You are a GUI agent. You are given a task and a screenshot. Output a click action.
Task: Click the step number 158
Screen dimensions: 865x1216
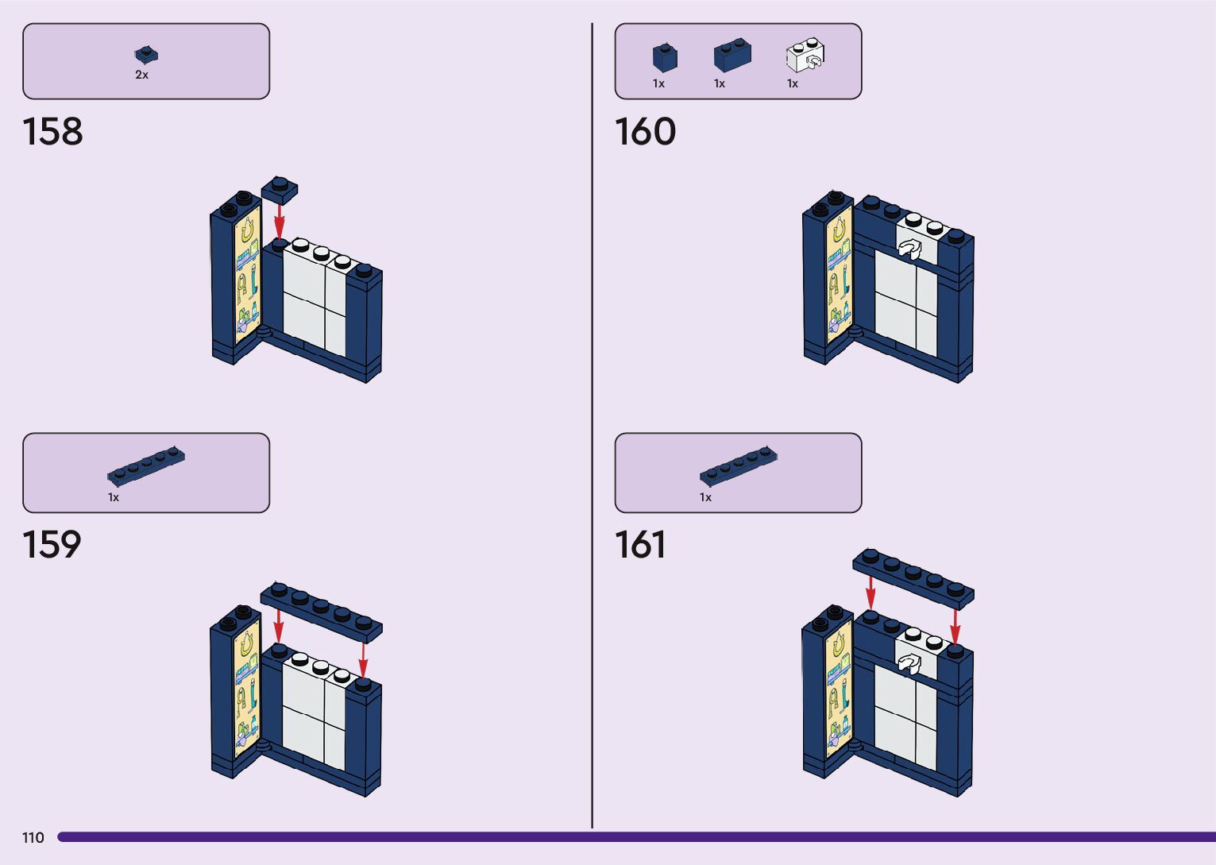pyautogui.click(x=52, y=132)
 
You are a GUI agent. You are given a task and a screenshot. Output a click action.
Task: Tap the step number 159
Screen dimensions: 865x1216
pyautogui.click(x=52, y=545)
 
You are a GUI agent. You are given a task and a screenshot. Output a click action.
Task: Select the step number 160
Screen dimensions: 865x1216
pyautogui.click(x=645, y=132)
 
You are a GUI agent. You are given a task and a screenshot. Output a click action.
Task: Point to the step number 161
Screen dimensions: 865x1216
pyautogui.click(x=640, y=545)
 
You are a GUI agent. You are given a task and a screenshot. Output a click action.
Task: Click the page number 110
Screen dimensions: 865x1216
pyautogui.click(x=33, y=837)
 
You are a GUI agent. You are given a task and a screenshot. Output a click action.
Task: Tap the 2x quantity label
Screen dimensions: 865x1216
pyautogui.click(x=141, y=75)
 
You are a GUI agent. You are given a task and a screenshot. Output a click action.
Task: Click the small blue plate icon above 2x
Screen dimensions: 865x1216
pyautogui.click(x=146, y=55)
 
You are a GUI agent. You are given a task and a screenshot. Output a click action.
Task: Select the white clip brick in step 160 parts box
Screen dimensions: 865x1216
pyautogui.click(x=805, y=56)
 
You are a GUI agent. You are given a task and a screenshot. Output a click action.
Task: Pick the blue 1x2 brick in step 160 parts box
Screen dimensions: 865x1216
pyautogui.click(x=732, y=56)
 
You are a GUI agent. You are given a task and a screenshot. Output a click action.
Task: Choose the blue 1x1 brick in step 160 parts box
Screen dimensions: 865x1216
pyautogui.click(x=665, y=57)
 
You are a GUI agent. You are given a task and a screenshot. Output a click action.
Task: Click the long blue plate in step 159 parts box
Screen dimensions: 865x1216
pyautogui.click(x=146, y=466)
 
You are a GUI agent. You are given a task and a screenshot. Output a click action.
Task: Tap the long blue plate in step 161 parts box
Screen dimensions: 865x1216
pyautogui.click(x=739, y=466)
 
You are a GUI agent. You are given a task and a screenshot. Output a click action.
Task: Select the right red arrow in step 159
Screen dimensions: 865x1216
pyautogui.click(x=363, y=658)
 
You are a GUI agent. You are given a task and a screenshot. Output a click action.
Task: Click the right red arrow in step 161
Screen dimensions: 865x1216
pyautogui.click(x=955, y=626)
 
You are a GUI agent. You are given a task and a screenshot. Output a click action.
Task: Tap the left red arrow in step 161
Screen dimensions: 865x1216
pyautogui.click(x=871, y=593)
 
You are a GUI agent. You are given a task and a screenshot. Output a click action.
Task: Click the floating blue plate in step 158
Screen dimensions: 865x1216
pyautogui.click(x=280, y=188)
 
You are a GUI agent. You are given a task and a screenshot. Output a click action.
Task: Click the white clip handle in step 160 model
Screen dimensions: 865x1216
pyautogui.click(x=909, y=249)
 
